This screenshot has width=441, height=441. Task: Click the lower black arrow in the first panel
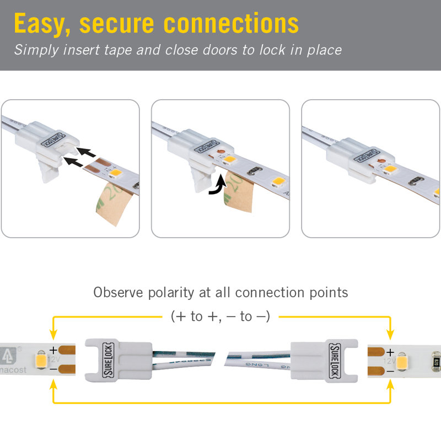pos(74,161)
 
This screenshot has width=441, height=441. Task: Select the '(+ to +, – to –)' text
pos(220,316)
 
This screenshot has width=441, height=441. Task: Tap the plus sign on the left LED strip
pos(53,349)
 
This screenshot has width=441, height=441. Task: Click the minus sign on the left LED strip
pos(53,368)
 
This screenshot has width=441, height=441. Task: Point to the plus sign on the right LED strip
pos(390,351)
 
